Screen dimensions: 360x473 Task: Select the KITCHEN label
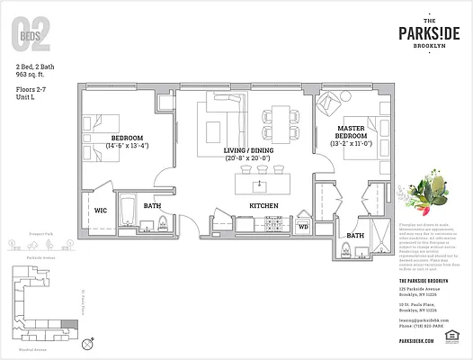click(263, 206)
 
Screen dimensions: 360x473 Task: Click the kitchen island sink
click(260, 186)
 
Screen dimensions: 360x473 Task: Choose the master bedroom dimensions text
click(351, 143)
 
